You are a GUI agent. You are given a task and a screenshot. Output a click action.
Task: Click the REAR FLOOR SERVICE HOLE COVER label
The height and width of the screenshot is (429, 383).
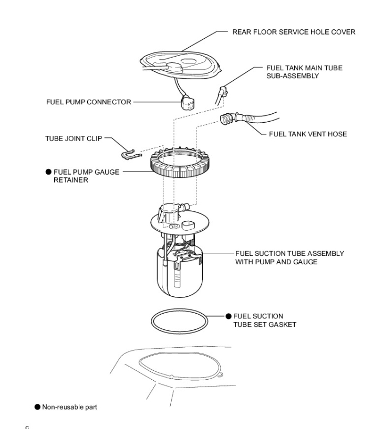[294, 32]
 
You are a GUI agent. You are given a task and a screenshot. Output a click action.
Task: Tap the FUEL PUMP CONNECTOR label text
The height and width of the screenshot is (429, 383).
[88, 102]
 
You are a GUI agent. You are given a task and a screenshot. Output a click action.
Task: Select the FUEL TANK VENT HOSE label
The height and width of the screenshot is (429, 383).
[307, 134]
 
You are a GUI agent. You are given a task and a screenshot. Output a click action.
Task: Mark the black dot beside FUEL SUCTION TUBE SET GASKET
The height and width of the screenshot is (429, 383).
[229, 316]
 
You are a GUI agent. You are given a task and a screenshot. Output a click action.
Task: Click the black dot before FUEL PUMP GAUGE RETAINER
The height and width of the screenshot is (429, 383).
[48, 171]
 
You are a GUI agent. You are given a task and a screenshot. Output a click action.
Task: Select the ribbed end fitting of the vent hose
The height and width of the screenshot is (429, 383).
[229, 119]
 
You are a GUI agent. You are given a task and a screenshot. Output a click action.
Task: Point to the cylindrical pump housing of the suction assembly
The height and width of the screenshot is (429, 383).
[179, 273]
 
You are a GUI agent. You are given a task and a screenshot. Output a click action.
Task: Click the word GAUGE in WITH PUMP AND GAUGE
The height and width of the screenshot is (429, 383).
[305, 261]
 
